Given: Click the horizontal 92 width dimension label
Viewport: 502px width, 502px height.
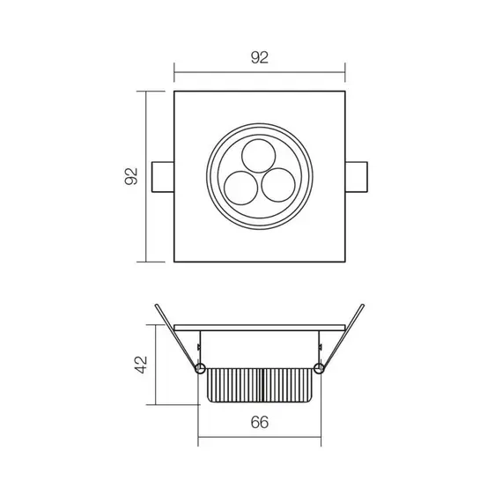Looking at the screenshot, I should tap(258, 58).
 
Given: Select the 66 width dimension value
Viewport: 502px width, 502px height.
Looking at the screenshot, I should tap(259, 423).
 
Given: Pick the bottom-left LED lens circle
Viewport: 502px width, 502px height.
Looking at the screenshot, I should tap(240, 186).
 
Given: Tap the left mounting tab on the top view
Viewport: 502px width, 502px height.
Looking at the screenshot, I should tap(164, 176).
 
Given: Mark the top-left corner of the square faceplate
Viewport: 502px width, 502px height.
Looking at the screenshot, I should tap(175, 92).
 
